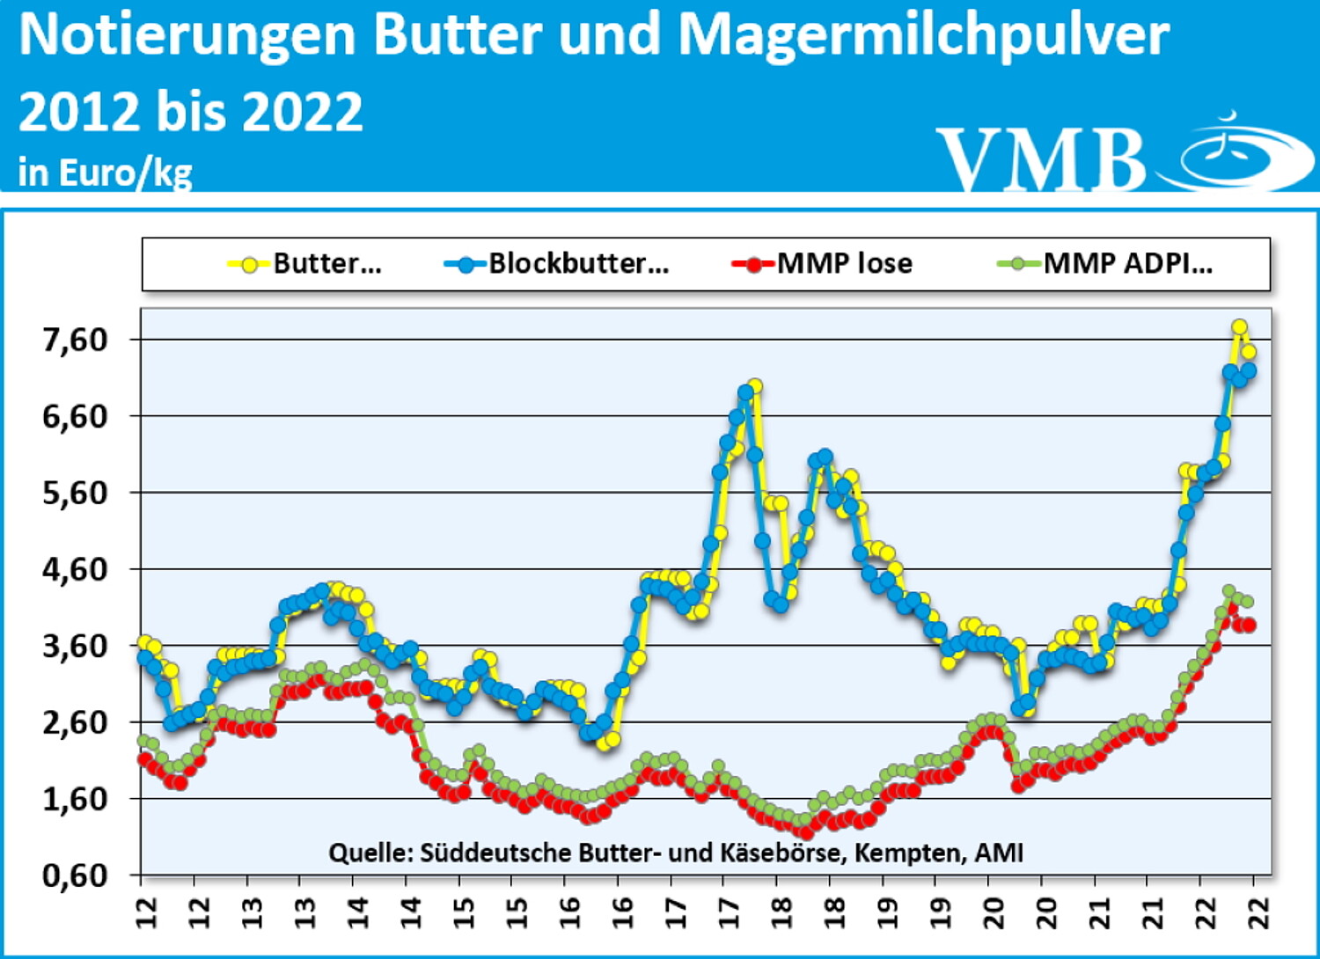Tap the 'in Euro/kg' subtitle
pos(105,172)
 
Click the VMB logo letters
pos(1042,159)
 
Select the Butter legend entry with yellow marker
pos(304,263)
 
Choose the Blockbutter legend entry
pos(556,263)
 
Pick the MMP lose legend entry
pos(822,263)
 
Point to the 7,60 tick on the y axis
pos(75,340)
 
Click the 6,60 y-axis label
pos(75,416)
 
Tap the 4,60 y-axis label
pos(75,569)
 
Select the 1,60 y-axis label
pos(75,799)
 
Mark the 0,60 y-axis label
pos(75,875)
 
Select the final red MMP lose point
pos(1248,625)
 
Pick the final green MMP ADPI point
pos(1247,602)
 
